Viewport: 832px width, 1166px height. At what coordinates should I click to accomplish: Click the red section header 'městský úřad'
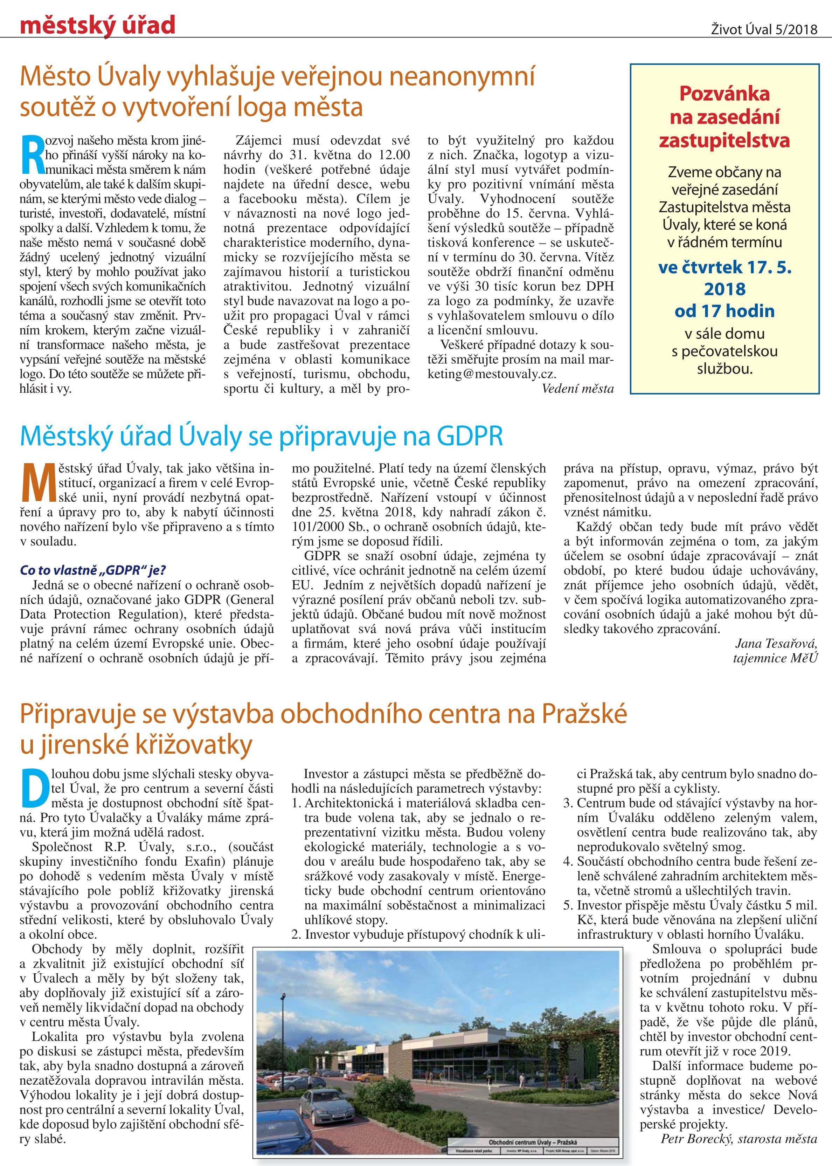(x=97, y=24)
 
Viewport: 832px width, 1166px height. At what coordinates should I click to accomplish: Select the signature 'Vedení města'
(x=577, y=389)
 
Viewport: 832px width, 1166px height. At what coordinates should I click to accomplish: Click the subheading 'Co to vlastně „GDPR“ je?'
(x=93, y=570)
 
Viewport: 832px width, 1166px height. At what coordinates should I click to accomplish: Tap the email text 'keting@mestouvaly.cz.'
(x=492, y=374)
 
